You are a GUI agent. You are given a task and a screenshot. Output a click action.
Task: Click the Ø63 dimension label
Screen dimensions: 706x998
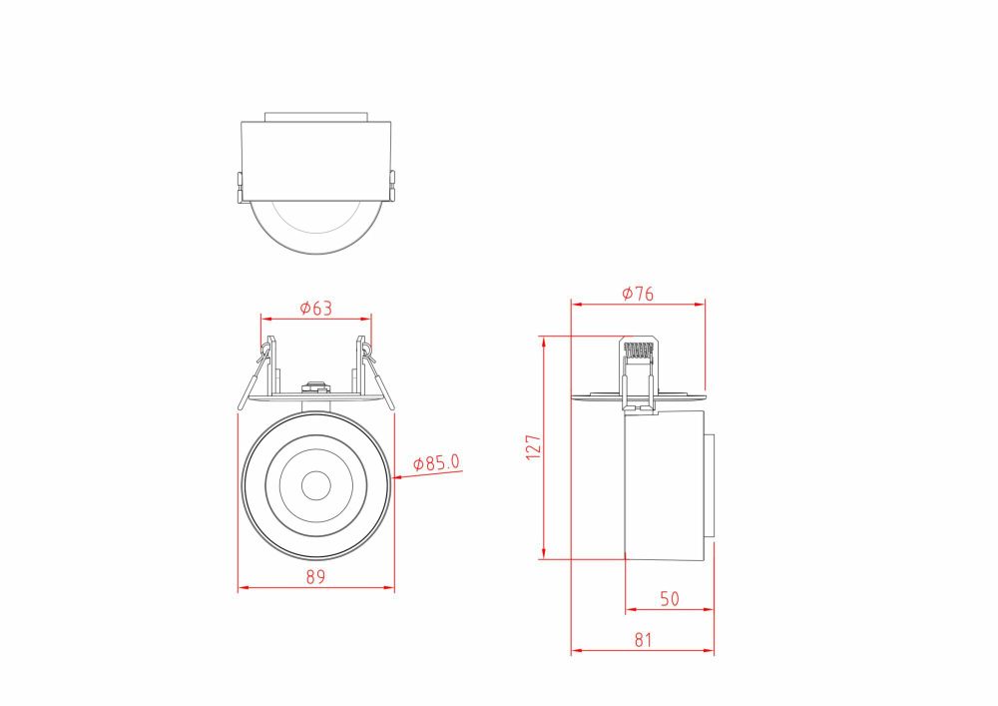315,309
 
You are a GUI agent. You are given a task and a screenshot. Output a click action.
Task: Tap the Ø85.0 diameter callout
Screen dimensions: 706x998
437,463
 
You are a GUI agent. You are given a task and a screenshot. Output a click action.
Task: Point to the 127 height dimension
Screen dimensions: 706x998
533,445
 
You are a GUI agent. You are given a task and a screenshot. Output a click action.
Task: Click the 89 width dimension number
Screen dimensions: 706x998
315,577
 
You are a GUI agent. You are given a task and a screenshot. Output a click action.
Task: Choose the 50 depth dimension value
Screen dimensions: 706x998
669,599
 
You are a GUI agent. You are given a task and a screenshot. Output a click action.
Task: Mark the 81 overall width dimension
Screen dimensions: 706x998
642,640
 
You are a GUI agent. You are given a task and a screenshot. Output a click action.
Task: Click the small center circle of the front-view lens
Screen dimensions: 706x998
316,485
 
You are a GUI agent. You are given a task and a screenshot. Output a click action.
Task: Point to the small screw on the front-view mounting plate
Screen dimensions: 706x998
315,384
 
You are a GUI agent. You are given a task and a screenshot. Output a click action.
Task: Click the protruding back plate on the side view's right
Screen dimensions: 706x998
710,486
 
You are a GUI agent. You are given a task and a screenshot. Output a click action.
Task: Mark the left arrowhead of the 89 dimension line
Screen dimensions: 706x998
241,588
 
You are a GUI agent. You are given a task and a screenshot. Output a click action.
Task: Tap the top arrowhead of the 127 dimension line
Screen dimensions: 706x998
543,340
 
